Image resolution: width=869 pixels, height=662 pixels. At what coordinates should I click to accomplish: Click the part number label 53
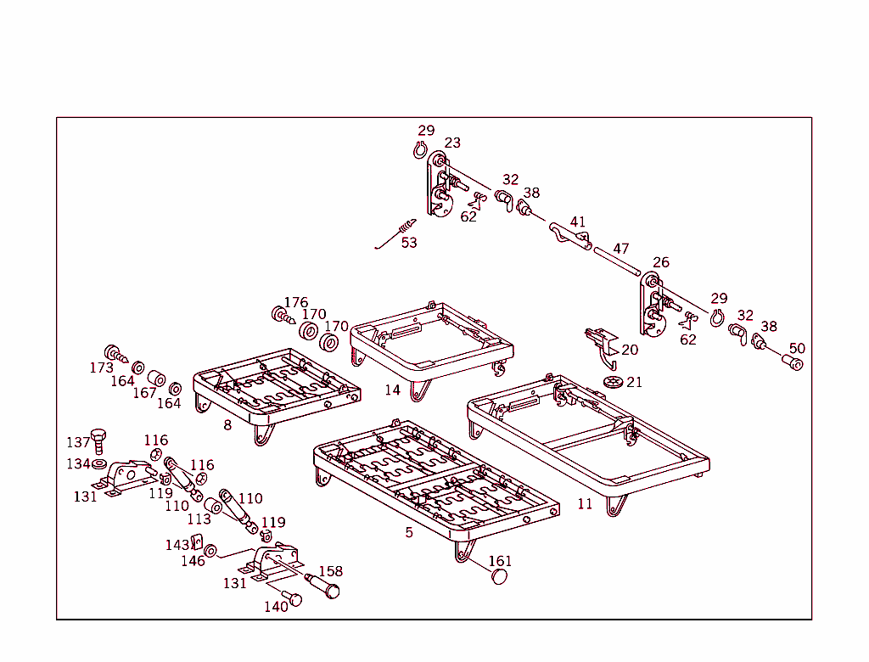[x=409, y=243]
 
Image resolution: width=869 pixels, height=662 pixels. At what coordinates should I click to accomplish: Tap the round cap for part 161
[x=500, y=577]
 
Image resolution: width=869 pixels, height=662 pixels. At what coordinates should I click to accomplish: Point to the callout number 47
[x=621, y=249]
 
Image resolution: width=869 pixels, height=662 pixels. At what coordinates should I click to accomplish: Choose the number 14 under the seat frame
[x=392, y=390]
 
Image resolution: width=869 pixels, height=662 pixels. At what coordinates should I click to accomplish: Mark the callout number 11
[x=585, y=504]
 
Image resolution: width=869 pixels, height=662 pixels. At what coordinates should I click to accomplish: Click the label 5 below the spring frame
[x=409, y=532]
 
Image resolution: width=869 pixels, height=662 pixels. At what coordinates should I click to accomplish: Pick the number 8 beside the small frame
[x=227, y=425]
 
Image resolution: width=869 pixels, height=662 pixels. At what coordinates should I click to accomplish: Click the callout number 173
[x=102, y=368]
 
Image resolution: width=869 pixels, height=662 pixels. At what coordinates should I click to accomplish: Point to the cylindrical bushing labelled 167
[x=155, y=378]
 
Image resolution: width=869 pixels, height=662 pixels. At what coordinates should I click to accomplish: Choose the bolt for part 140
[x=293, y=599]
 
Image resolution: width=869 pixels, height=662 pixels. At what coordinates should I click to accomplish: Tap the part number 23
[x=452, y=143]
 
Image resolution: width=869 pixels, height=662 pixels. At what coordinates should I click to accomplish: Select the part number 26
[x=661, y=262]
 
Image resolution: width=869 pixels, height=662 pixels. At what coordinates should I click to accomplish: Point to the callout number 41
[x=578, y=222]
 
